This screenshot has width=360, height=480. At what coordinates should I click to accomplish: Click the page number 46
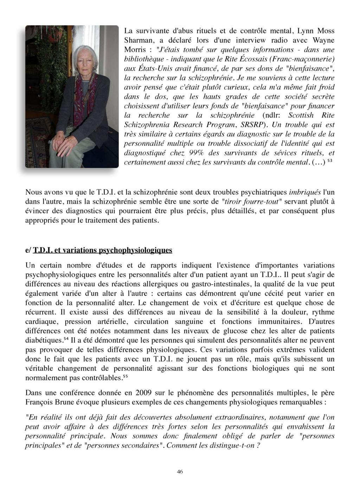[x=180, y=472]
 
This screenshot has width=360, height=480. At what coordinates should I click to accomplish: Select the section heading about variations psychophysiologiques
[x=102, y=250]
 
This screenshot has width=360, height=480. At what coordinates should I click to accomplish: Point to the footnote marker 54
[x=66, y=339]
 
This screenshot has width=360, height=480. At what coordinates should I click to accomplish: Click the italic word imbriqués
[x=305, y=192]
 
